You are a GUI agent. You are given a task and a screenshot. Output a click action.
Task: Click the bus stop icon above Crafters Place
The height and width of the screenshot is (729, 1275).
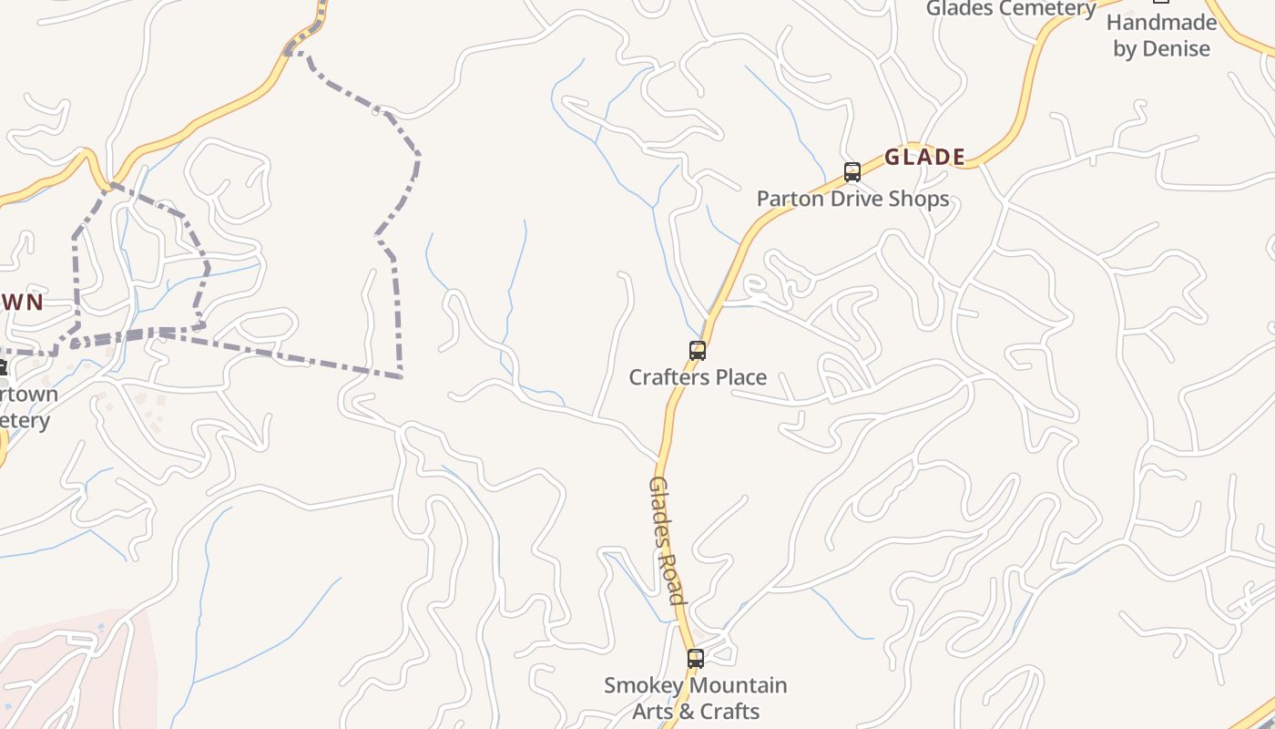(x=697, y=350)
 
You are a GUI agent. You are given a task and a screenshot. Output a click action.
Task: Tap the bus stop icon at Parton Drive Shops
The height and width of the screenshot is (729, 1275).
(x=852, y=171)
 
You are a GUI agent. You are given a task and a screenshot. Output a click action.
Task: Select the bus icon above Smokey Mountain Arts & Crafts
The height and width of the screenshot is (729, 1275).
(x=695, y=658)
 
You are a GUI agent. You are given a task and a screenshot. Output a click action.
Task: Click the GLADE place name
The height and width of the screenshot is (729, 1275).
(x=924, y=157)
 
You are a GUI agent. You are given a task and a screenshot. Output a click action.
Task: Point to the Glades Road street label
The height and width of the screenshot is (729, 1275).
(x=666, y=539)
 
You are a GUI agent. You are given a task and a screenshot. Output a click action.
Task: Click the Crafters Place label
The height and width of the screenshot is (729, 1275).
(x=698, y=377)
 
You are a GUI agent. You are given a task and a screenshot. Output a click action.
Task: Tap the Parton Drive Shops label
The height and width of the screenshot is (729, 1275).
(x=852, y=199)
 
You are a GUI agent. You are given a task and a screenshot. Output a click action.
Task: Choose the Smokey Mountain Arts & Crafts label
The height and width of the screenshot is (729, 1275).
(x=696, y=698)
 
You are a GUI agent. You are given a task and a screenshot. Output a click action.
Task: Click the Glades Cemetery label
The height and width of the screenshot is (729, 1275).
(x=1011, y=9)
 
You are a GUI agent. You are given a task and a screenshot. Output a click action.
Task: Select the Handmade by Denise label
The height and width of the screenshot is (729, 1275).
(x=1161, y=36)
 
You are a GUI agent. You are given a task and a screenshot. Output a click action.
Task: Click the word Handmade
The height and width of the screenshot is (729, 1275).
(x=1161, y=23)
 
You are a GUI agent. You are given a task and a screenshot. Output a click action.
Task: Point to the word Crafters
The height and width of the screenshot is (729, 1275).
(x=668, y=377)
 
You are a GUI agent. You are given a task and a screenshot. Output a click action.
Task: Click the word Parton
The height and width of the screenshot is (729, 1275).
(x=789, y=199)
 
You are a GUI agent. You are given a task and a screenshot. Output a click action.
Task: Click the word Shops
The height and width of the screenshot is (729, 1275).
(x=919, y=199)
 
